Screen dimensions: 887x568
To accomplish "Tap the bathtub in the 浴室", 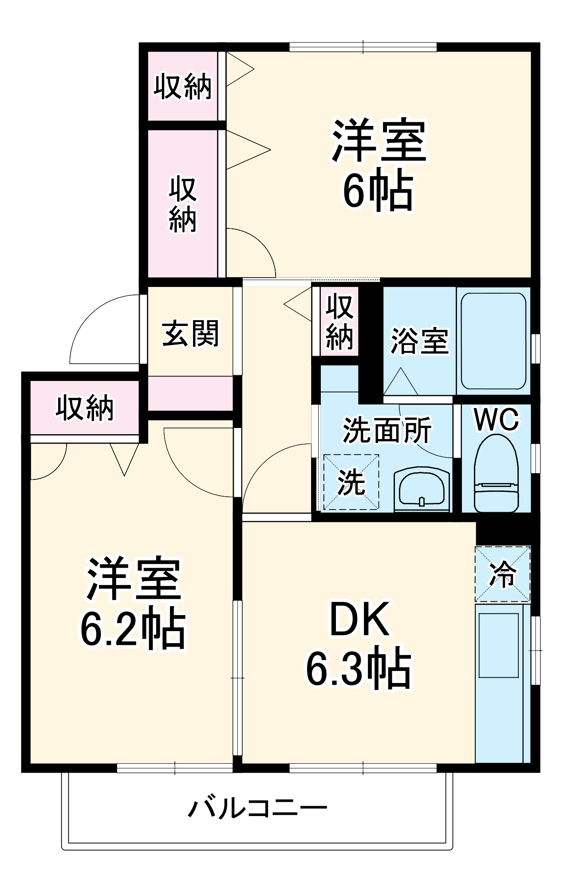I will tap(493, 341).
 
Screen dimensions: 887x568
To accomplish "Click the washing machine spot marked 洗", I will tap(351, 482).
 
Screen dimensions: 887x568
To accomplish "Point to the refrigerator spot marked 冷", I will tap(502, 574).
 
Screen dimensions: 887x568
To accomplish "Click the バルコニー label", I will tap(257, 808).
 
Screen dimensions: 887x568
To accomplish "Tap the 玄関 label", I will tap(190, 334).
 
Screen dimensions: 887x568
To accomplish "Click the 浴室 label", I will tap(419, 341).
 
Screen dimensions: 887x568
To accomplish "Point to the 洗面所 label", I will tap(387, 430).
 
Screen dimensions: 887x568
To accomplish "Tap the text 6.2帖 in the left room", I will tap(132, 630).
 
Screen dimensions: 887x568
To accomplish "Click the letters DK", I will tap(359, 619).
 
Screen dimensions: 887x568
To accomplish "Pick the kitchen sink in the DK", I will tap(498, 645).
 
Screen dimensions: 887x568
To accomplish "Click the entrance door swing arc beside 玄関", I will tap(104, 328).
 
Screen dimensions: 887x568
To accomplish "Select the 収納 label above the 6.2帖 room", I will tap(84, 408).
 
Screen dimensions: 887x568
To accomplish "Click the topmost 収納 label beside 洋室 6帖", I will tap(182, 86).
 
